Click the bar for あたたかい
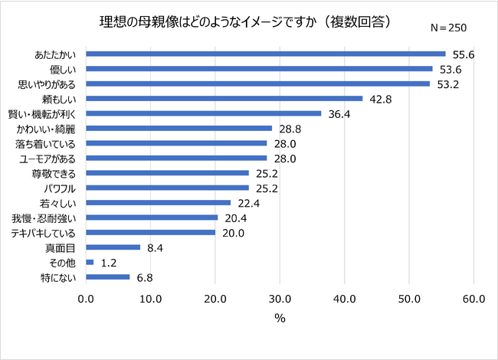[266, 54]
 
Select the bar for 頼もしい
[224, 98]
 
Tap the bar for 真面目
[113, 247]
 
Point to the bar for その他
[90, 262]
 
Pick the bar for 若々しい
[159, 202]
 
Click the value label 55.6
[463, 54]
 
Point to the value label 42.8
[380, 98]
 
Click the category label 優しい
[61, 69]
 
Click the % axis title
[280, 318]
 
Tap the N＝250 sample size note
[448, 28]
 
